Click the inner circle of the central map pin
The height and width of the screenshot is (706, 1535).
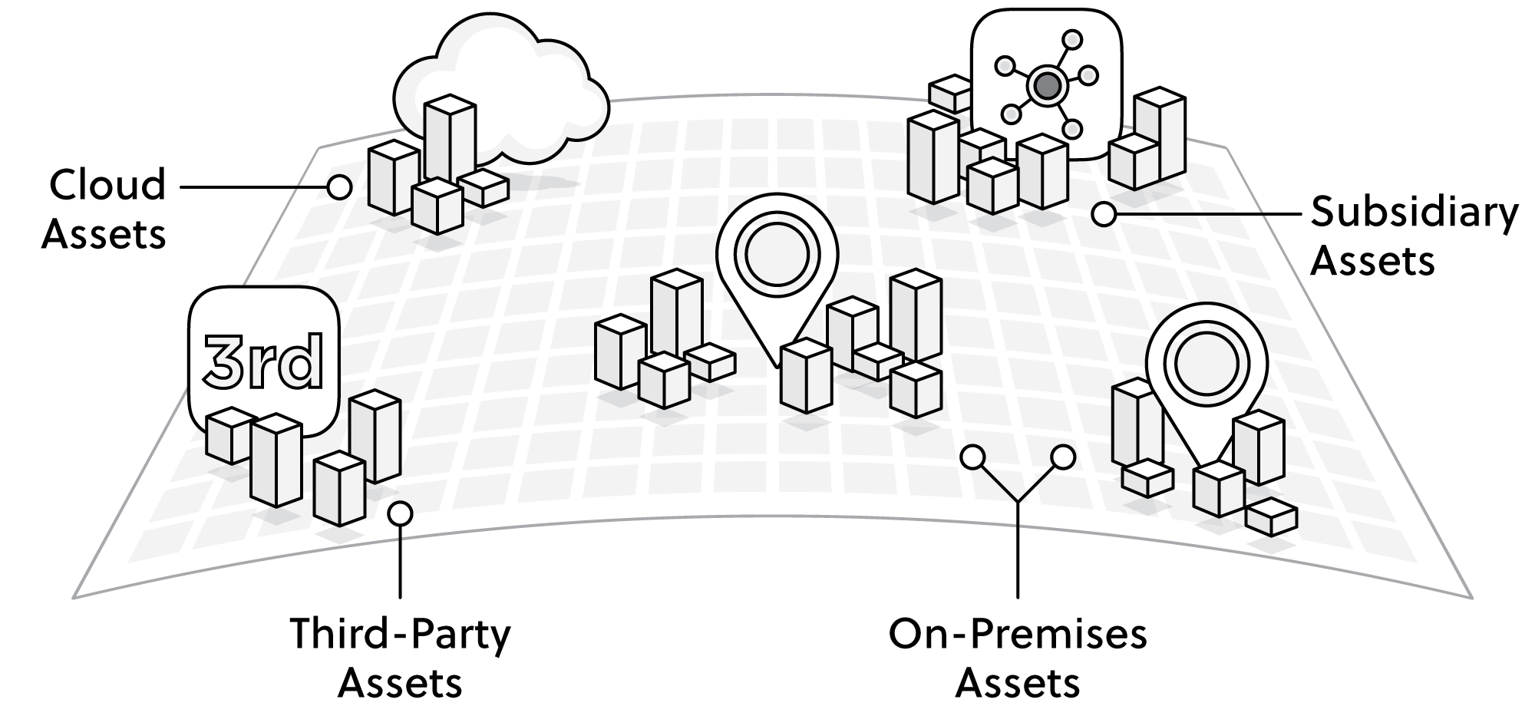coord(777,252)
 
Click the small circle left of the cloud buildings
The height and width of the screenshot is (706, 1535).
coord(339,186)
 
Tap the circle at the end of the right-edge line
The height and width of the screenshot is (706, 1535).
coord(1104,215)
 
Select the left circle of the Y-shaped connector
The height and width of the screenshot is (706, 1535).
coord(972,457)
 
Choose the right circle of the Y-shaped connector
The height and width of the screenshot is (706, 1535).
coord(1063,457)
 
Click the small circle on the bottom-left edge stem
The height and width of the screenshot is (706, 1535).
coord(400,513)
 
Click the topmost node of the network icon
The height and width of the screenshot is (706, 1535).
coord(1071,39)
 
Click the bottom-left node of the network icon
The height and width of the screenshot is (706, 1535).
coord(1012,114)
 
